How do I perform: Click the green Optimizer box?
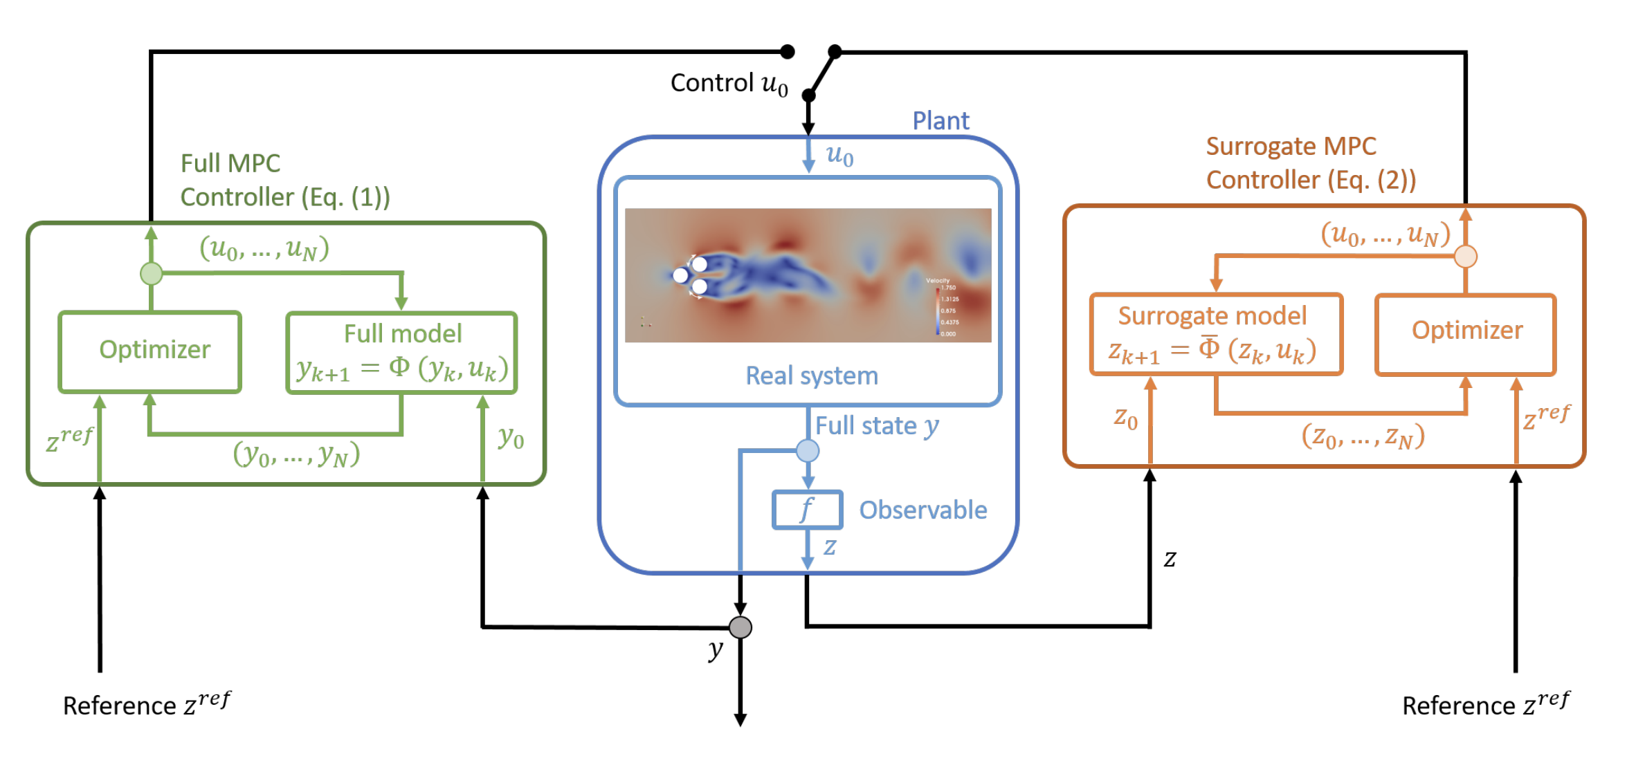click(150, 351)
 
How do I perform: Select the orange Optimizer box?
click(1466, 333)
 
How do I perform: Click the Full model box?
click(401, 353)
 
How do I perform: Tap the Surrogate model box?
click(1216, 334)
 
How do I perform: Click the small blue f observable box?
click(807, 510)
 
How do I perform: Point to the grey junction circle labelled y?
click(740, 627)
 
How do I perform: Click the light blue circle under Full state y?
click(808, 451)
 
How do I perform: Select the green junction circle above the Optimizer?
click(151, 273)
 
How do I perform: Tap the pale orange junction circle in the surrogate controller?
click(1466, 257)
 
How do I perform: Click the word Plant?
click(940, 121)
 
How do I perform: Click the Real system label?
click(812, 376)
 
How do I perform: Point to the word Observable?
click(923, 510)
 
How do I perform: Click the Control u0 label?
click(729, 84)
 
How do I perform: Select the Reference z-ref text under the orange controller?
click(1485, 704)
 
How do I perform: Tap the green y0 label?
click(511, 437)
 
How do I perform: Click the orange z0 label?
click(1125, 418)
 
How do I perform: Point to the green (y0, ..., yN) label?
click(296, 454)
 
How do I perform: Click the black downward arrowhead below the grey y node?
click(740, 720)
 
